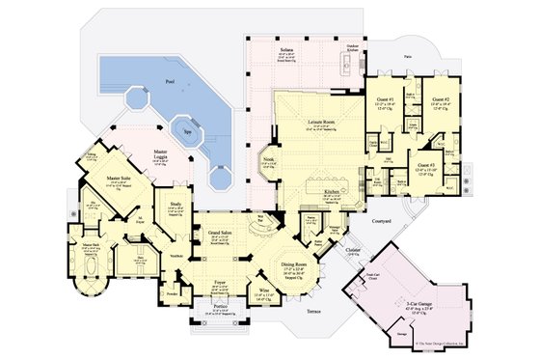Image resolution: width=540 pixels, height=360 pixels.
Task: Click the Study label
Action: coord(175,205)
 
